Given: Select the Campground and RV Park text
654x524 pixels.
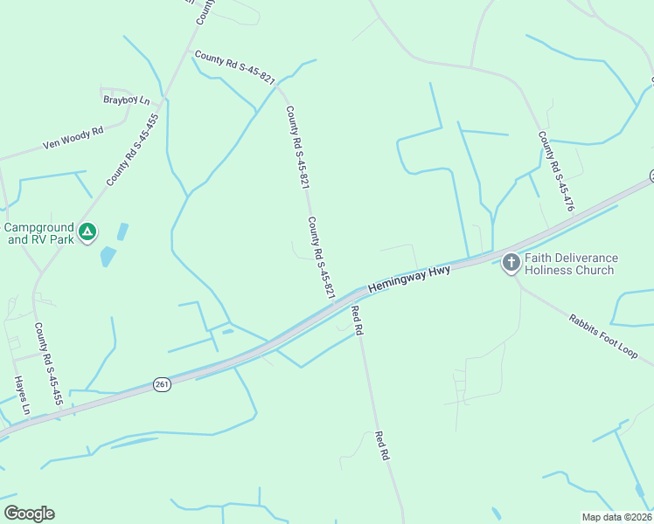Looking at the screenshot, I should pos(38,232).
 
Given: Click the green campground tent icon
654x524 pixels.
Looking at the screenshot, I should pos(87,232).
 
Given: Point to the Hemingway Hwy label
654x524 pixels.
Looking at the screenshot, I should pos(409,279).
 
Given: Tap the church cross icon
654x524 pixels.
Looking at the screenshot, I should pos(511,263).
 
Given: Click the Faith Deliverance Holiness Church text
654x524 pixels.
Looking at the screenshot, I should pos(570,264).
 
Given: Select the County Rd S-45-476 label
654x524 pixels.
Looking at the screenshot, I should pos(556,172).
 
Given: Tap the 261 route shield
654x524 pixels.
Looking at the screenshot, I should pos(161,384).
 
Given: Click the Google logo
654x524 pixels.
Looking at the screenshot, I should pos(29,514).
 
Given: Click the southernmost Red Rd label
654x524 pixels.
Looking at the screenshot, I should pos(381,445).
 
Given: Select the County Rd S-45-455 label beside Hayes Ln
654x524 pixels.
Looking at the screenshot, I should pos(48,364).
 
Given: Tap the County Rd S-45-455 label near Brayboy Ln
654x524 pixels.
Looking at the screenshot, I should pos(133,149).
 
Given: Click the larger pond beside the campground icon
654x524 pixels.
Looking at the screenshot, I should pos(108,257).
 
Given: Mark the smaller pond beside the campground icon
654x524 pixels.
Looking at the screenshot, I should pos(122,231).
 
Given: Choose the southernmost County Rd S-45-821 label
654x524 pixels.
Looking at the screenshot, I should pos(322,259).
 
